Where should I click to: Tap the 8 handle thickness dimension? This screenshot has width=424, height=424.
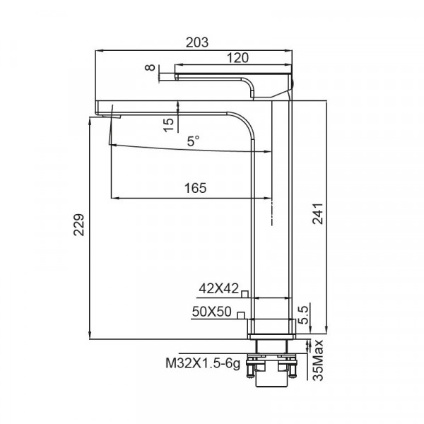pos(148,68)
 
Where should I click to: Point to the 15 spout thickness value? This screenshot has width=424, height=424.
pos(168,124)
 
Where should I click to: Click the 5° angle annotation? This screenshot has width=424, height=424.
pos(193,141)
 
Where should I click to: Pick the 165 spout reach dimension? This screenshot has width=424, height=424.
pos(194,188)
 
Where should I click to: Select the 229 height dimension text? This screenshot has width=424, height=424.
pos(81,225)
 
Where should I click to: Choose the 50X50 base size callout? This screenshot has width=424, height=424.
pos(212,311)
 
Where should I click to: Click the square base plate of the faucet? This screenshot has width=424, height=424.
pos(272,328)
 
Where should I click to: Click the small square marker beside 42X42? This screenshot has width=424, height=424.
pos(245,292)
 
